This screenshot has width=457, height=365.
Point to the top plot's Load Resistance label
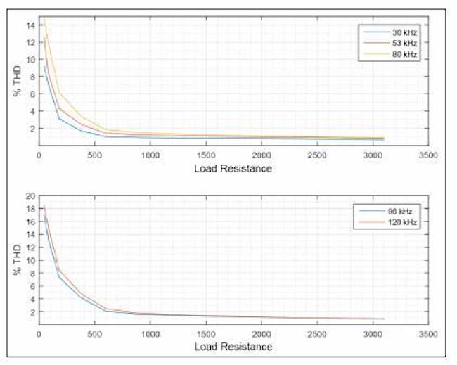(x=233, y=169)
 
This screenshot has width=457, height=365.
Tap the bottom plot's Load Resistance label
(x=233, y=346)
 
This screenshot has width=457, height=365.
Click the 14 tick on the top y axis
(x=30, y=25)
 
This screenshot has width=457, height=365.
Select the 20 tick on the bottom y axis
(x=30, y=196)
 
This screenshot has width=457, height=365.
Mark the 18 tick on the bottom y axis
(x=30, y=209)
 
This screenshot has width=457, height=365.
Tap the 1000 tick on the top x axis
(x=149, y=155)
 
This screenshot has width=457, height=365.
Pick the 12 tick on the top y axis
(x=30, y=42)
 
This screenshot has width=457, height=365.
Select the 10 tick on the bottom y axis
(x=30, y=260)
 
